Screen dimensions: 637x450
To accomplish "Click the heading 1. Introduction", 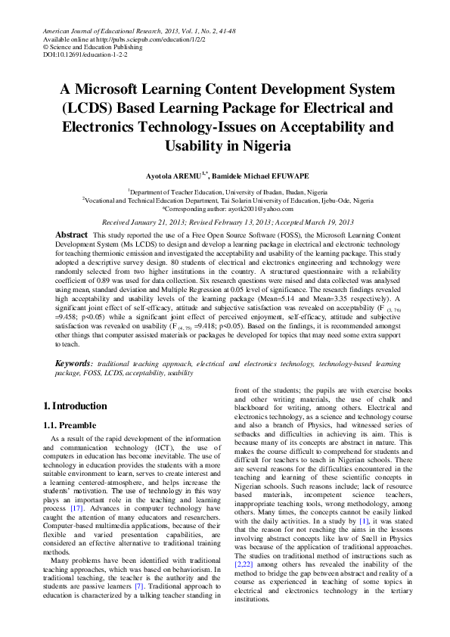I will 76,406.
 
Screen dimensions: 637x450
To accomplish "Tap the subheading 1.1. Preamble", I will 71,425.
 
